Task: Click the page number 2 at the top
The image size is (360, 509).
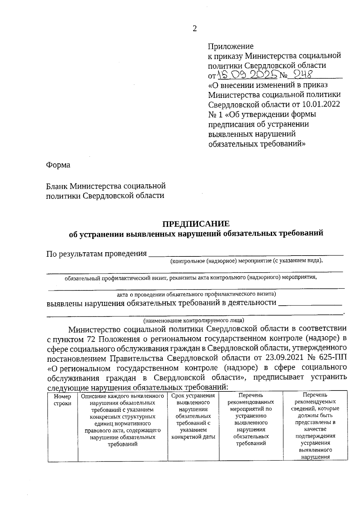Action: [195, 29]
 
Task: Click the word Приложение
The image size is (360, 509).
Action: [231, 46]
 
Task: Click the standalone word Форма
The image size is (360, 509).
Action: [58, 165]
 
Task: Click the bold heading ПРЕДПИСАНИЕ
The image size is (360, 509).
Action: [196, 224]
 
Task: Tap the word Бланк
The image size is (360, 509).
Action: [57, 186]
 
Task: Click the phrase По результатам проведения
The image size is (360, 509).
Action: [96, 254]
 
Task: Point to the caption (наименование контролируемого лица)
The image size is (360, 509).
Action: [193, 320]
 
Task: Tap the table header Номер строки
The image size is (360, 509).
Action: [62, 400]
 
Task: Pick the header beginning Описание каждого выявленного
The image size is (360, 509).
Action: [122, 396]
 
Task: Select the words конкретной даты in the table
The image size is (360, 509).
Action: [193, 437]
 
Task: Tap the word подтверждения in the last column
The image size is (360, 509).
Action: [315, 436]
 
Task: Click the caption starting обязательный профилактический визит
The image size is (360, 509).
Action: [191, 277]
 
